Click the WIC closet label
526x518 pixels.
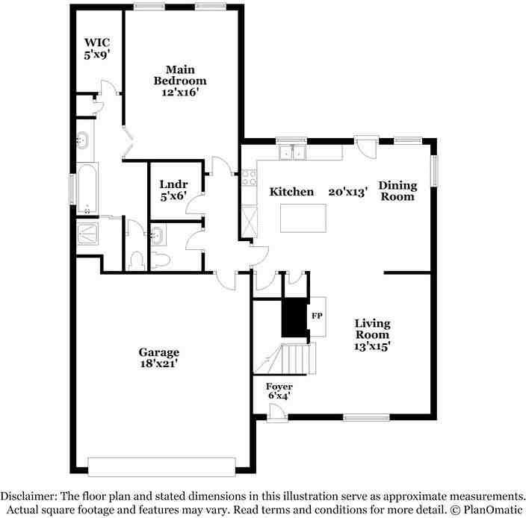click(x=97, y=43)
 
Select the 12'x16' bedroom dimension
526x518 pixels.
click(x=179, y=93)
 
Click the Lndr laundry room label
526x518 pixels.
click(x=173, y=184)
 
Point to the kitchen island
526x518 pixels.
click(x=304, y=219)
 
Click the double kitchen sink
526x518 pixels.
click(x=292, y=153)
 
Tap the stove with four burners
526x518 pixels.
click(x=248, y=178)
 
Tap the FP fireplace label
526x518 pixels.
click(x=317, y=315)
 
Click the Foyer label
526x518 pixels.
click(x=279, y=386)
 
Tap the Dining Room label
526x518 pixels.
click(x=397, y=191)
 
